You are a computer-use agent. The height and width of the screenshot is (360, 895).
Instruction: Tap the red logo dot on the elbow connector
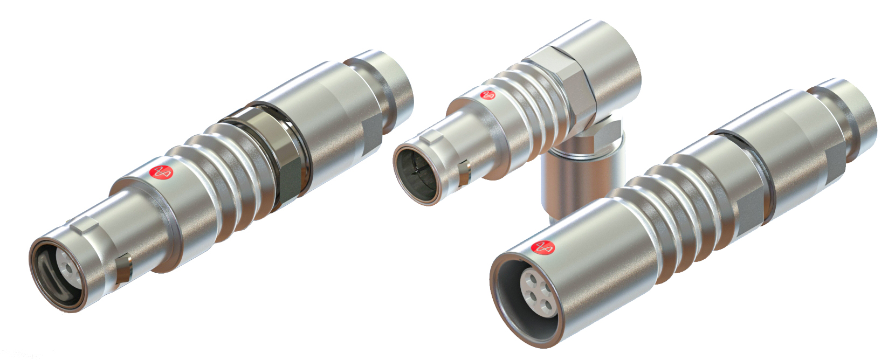coord(488,95)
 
